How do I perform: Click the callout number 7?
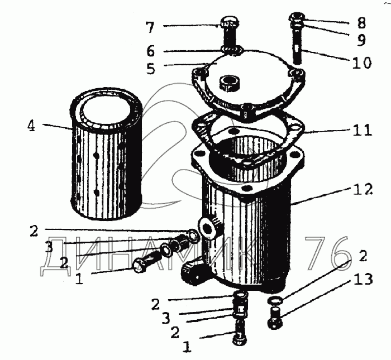point(150,27)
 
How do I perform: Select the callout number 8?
point(361,23)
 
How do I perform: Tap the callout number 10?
point(362,63)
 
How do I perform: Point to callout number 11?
point(363,130)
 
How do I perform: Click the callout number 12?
point(363,190)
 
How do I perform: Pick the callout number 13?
point(363,279)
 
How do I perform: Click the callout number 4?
point(31,126)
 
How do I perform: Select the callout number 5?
point(151,69)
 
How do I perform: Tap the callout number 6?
point(151,51)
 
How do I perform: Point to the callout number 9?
point(361,40)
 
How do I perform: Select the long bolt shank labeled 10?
point(297,46)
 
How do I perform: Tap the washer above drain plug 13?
point(275,300)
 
